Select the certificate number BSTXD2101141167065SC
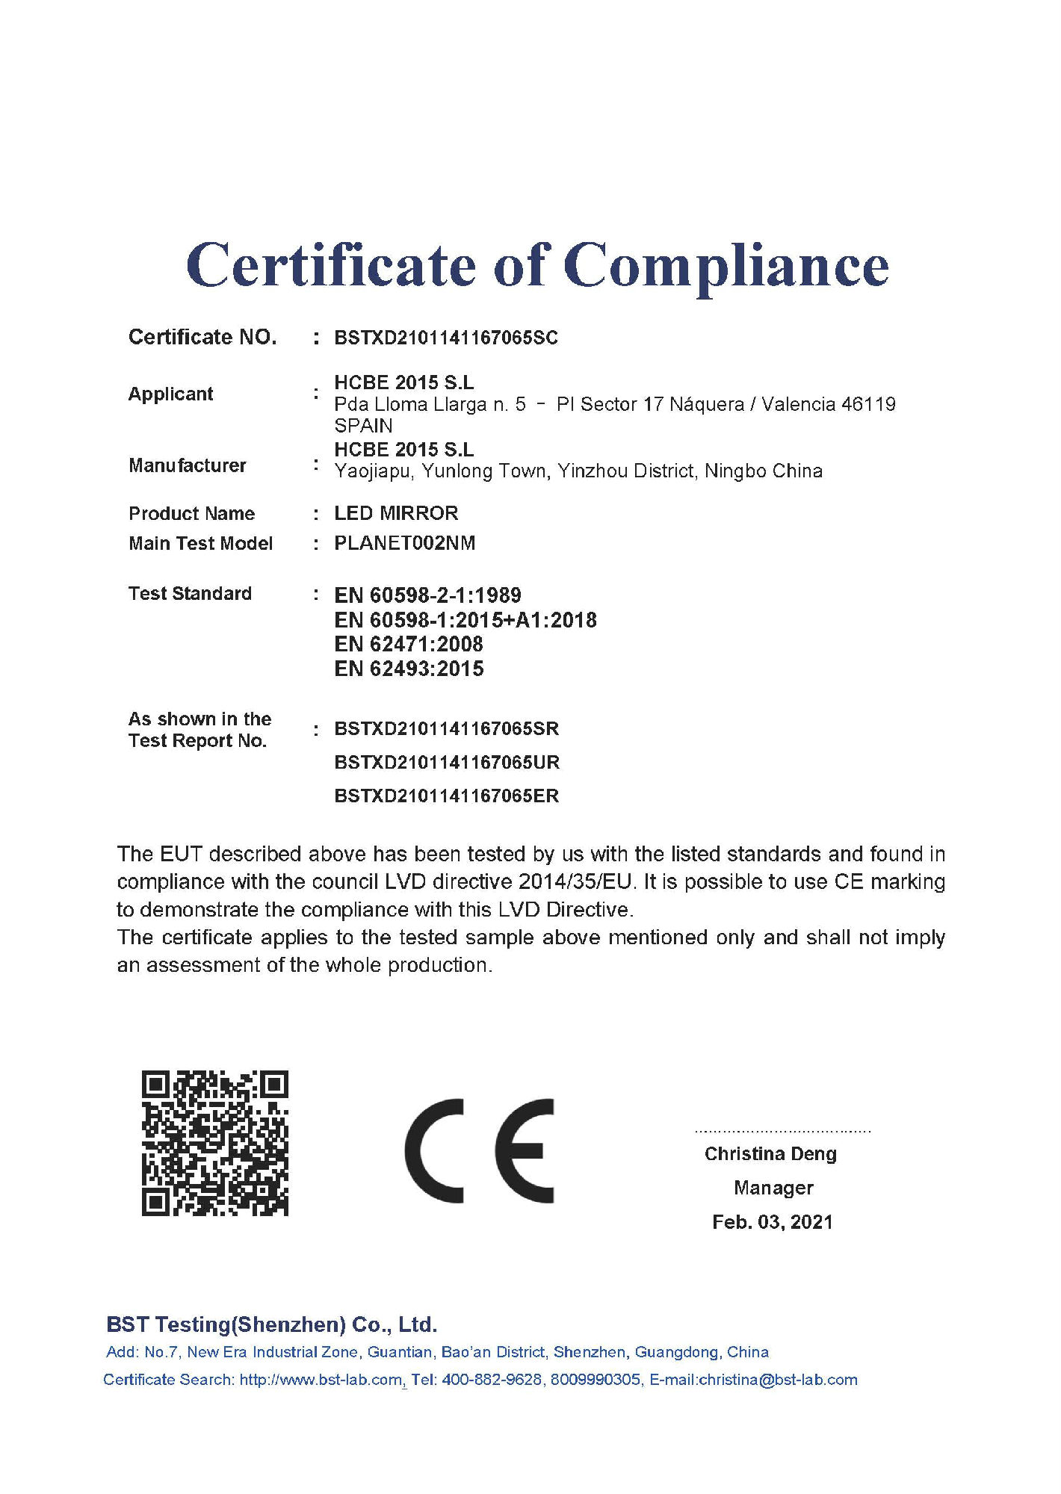tap(446, 338)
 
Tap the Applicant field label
tap(170, 394)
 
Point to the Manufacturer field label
tap(187, 465)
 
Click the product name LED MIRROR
tap(396, 513)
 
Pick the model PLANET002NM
tap(404, 543)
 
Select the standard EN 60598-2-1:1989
tap(427, 595)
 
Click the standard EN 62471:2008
tap(409, 644)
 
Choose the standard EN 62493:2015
tap(409, 669)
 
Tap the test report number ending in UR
tap(447, 762)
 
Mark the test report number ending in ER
tap(447, 796)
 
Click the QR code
tap(215, 1143)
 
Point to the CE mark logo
tap(479, 1150)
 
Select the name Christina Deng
tap(770, 1154)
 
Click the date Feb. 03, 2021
tap(773, 1222)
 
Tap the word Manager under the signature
tap(773, 1188)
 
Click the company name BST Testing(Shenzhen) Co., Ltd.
tap(271, 1324)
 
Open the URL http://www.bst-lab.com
tap(321, 1380)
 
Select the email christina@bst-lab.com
tap(778, 1380)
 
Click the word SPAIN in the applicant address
tap(363, 426)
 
